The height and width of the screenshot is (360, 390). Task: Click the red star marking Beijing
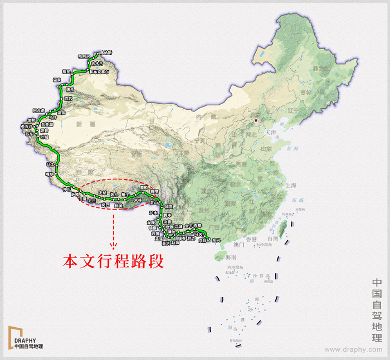coord(256,120)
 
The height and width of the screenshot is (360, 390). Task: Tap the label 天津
coord(271,132)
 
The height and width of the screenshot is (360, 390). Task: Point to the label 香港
coord(246,239)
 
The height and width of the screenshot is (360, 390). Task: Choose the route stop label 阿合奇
coord(38,110)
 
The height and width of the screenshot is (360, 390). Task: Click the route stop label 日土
coord(50,165)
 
